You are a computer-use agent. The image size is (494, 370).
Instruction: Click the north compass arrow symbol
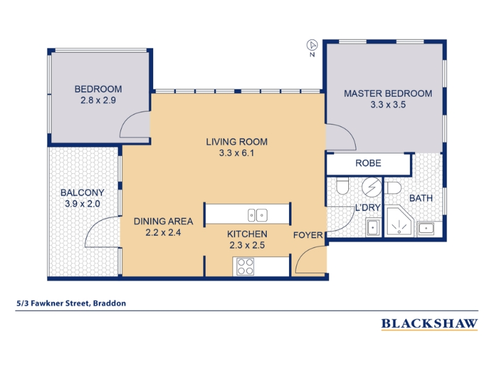(x=312, y=45)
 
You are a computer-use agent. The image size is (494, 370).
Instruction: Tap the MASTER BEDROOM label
(x=388, y=94)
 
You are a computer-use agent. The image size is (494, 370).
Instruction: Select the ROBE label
(x=368, y=163)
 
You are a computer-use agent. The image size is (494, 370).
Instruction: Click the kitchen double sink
(x=257, y=215)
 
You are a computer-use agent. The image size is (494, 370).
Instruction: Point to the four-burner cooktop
(x=245, y=266)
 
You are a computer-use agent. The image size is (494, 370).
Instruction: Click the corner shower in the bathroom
(x=399, y=221)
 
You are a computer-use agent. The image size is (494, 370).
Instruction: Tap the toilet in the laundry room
(x=343, y=186)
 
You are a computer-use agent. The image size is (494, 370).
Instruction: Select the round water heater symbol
(x=372, y=187)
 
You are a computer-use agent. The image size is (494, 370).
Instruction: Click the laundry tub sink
(x=373, y=227)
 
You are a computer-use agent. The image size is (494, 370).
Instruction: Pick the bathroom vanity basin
(x=425, y=228)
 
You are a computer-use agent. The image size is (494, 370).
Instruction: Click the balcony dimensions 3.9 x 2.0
(x=82, y=203)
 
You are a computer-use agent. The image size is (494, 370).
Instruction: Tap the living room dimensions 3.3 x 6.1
(x=237, y=153)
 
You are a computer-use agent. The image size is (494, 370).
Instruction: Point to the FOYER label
(x=308, y=235)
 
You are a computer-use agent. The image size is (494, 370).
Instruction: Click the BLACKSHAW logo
(x=429, y=324)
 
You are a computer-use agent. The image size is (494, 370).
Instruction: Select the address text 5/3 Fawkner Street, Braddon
(x=71, y=303)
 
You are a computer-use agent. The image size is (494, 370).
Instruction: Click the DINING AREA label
(x=163, y=221)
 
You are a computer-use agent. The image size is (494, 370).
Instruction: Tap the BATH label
(x=421, y=198)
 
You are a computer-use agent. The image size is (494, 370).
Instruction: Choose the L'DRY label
(x=367, y=208)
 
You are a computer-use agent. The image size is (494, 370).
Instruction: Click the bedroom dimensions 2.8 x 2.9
(x=98, y=101)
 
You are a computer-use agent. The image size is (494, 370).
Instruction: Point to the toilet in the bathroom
(x=393, y=188)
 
